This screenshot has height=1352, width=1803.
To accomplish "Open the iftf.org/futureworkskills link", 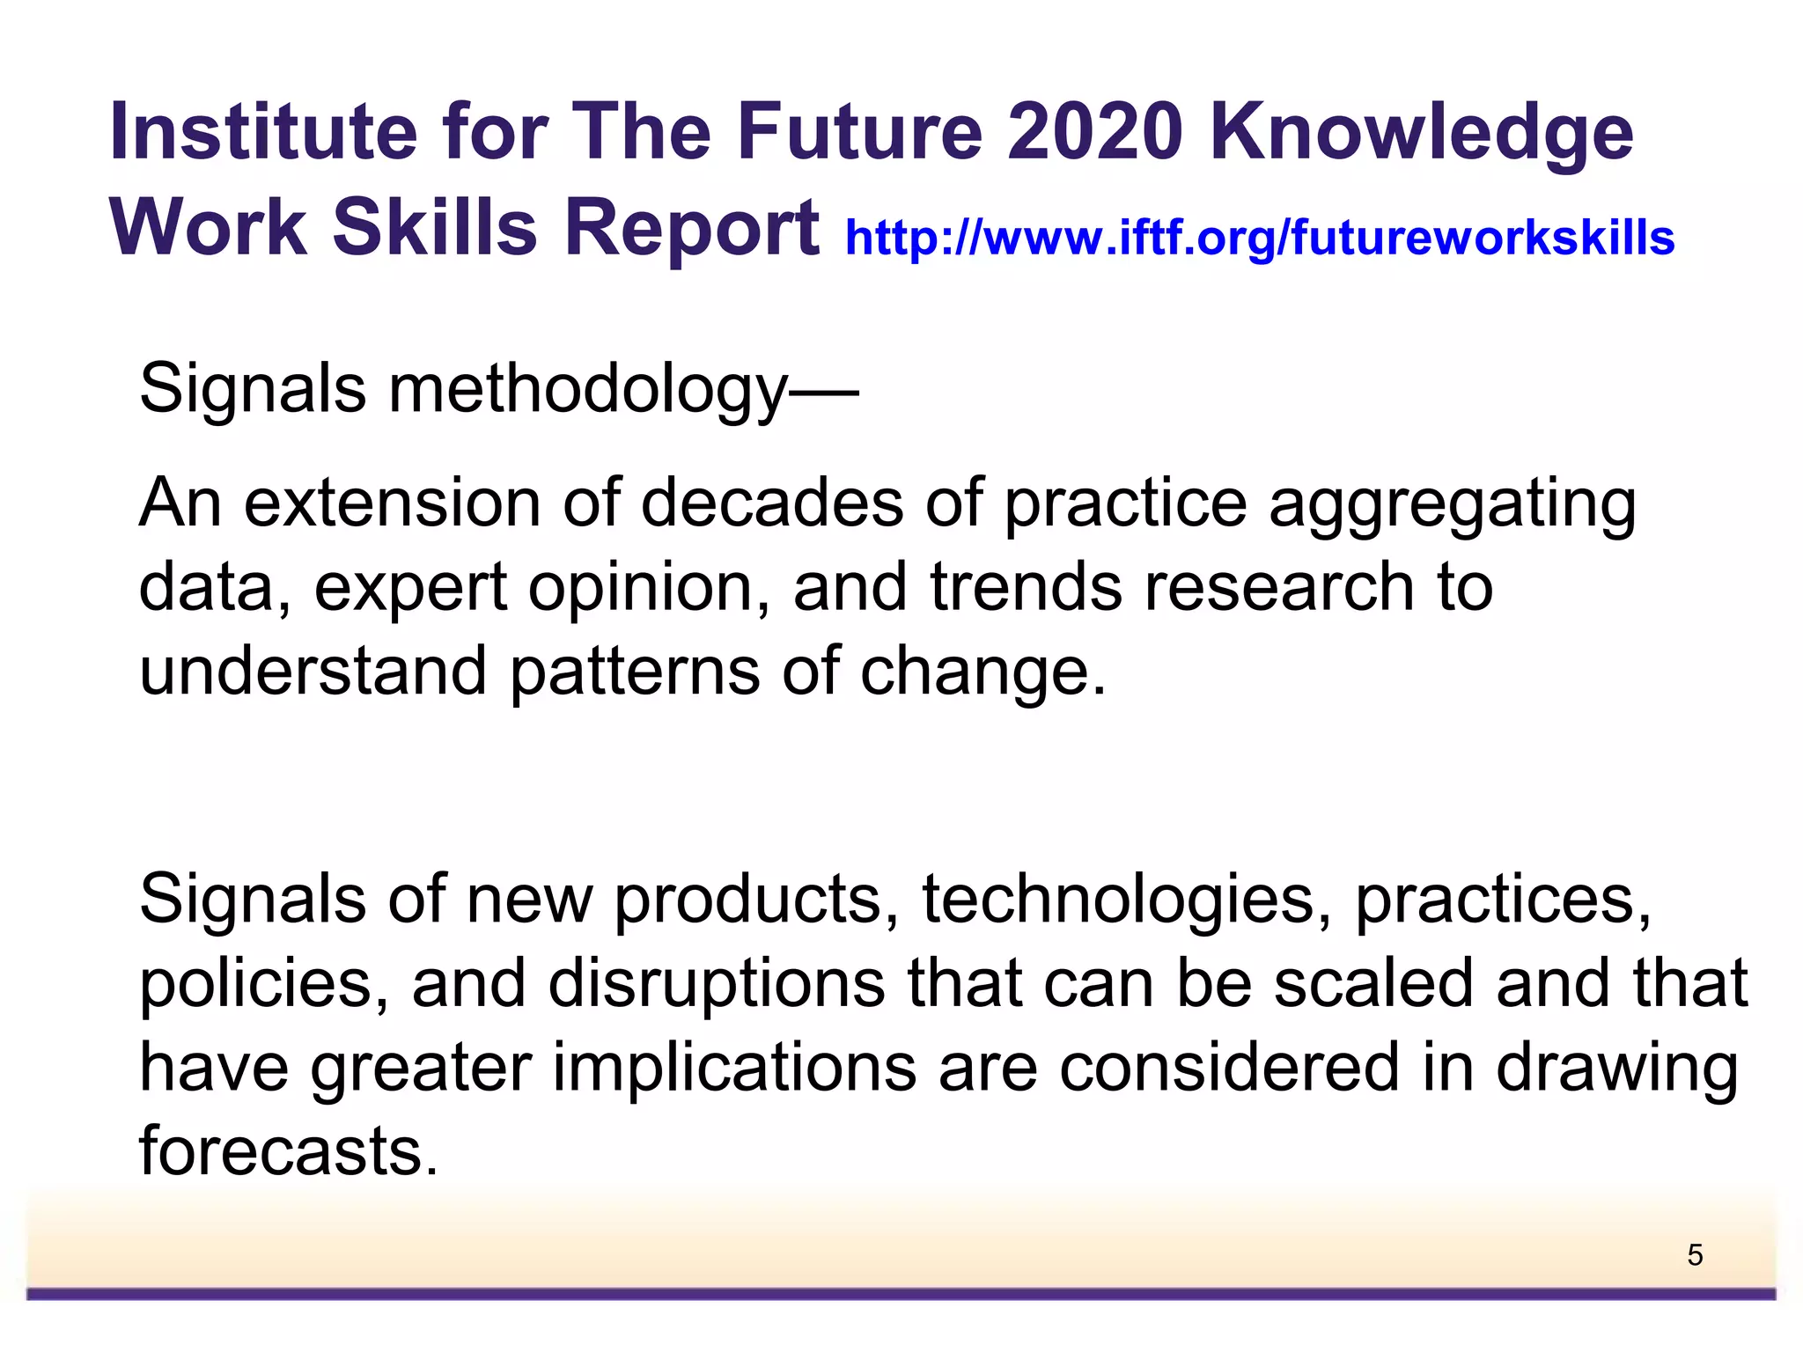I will pyautogui.click(x=1259, y=238).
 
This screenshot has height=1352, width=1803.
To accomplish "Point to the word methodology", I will pyautogui.click(x=588, y=389).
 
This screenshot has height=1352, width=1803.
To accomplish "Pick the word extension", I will pyautogui.click(x=392, y=503).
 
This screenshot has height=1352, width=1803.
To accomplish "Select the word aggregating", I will pyautogui.click(x=1452, y=503).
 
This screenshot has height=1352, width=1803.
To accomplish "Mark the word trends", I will pyautogui.click(x=1026, y=588).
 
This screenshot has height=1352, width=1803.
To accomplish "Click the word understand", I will pyautogui.click(x=313, y=672).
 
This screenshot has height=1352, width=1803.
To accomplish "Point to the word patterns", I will pyautogui.click(x=635, y=672).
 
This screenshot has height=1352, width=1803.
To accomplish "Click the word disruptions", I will pyautogui.click(x=717, y=983).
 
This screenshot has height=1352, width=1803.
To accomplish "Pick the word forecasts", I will pyautogui.click(x=288, y=1151).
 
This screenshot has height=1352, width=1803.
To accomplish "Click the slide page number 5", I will pyautogui.click(x=1695, y=1255).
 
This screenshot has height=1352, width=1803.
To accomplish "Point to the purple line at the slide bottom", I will pyautogui.click(x=901, y=1294).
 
